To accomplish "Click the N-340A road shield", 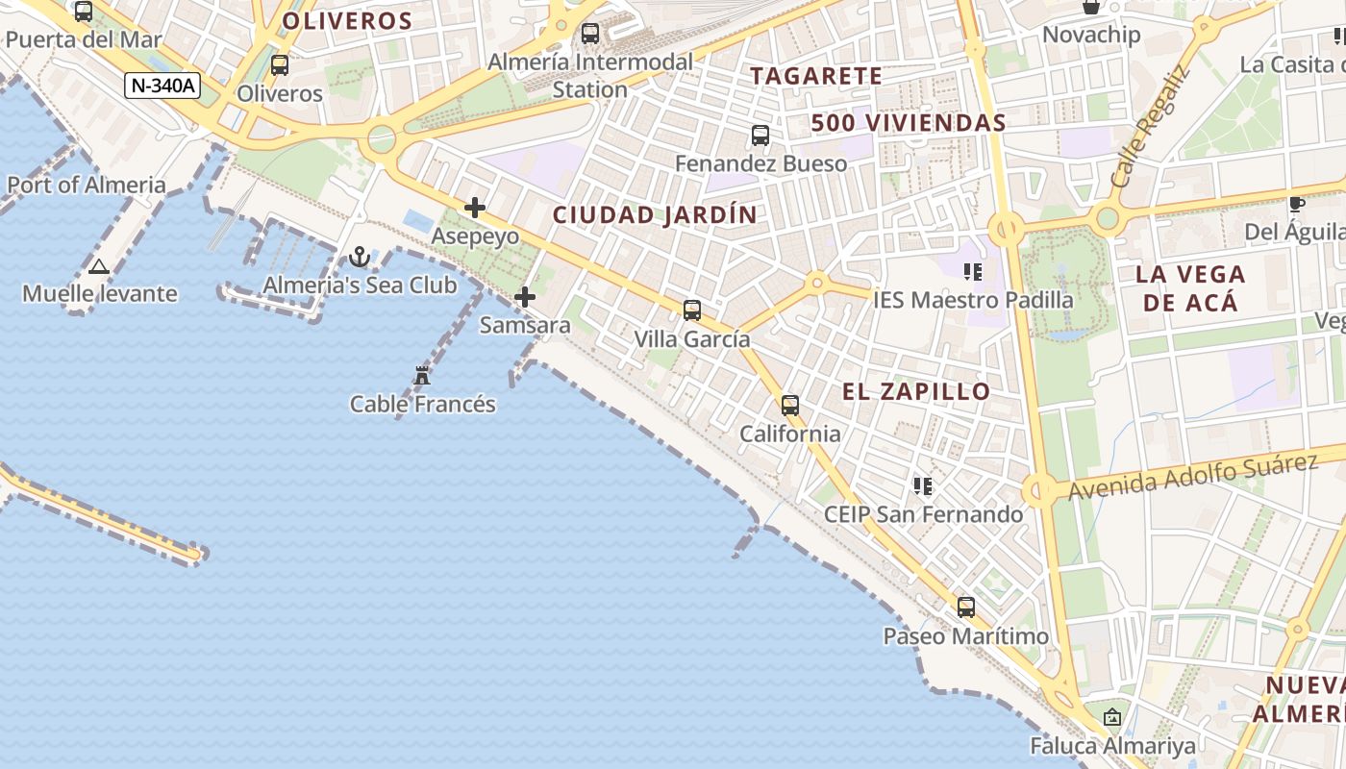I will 162,86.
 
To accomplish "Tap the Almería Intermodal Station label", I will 590,75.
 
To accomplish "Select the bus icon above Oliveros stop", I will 280,65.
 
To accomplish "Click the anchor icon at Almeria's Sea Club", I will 360,257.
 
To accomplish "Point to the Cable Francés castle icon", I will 422,375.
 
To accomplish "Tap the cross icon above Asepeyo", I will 475,208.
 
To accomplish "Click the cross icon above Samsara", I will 525,297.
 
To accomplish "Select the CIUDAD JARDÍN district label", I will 655,214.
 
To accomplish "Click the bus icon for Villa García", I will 692,310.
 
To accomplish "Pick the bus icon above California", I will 790,406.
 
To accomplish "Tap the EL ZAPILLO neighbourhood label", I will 916,391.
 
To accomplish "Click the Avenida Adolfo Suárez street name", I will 1192,477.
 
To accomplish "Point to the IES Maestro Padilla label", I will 973,300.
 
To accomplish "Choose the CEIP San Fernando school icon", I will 923,486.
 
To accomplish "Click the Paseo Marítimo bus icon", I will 966,608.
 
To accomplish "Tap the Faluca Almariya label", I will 1112,746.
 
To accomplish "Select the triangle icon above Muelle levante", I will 98,266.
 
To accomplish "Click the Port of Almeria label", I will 87,185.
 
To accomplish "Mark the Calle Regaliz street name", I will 1150,128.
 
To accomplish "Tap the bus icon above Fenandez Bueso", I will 760,136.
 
